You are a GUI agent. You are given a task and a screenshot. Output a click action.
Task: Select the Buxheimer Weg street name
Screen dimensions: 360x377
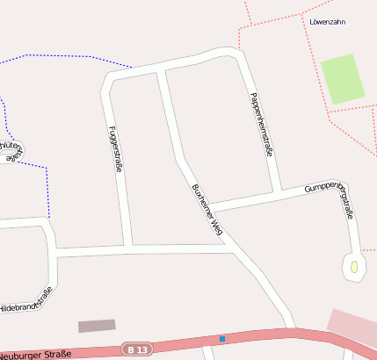207,210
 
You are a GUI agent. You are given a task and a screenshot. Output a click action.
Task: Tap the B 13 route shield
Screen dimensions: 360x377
137,349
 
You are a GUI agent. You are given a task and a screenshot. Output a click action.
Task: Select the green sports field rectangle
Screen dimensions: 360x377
342,78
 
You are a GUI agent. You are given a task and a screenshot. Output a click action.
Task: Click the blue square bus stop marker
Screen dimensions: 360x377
222,339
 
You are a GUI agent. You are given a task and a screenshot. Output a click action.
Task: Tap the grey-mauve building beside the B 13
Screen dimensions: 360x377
97,326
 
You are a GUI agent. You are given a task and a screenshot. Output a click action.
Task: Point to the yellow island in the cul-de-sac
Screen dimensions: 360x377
353,267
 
